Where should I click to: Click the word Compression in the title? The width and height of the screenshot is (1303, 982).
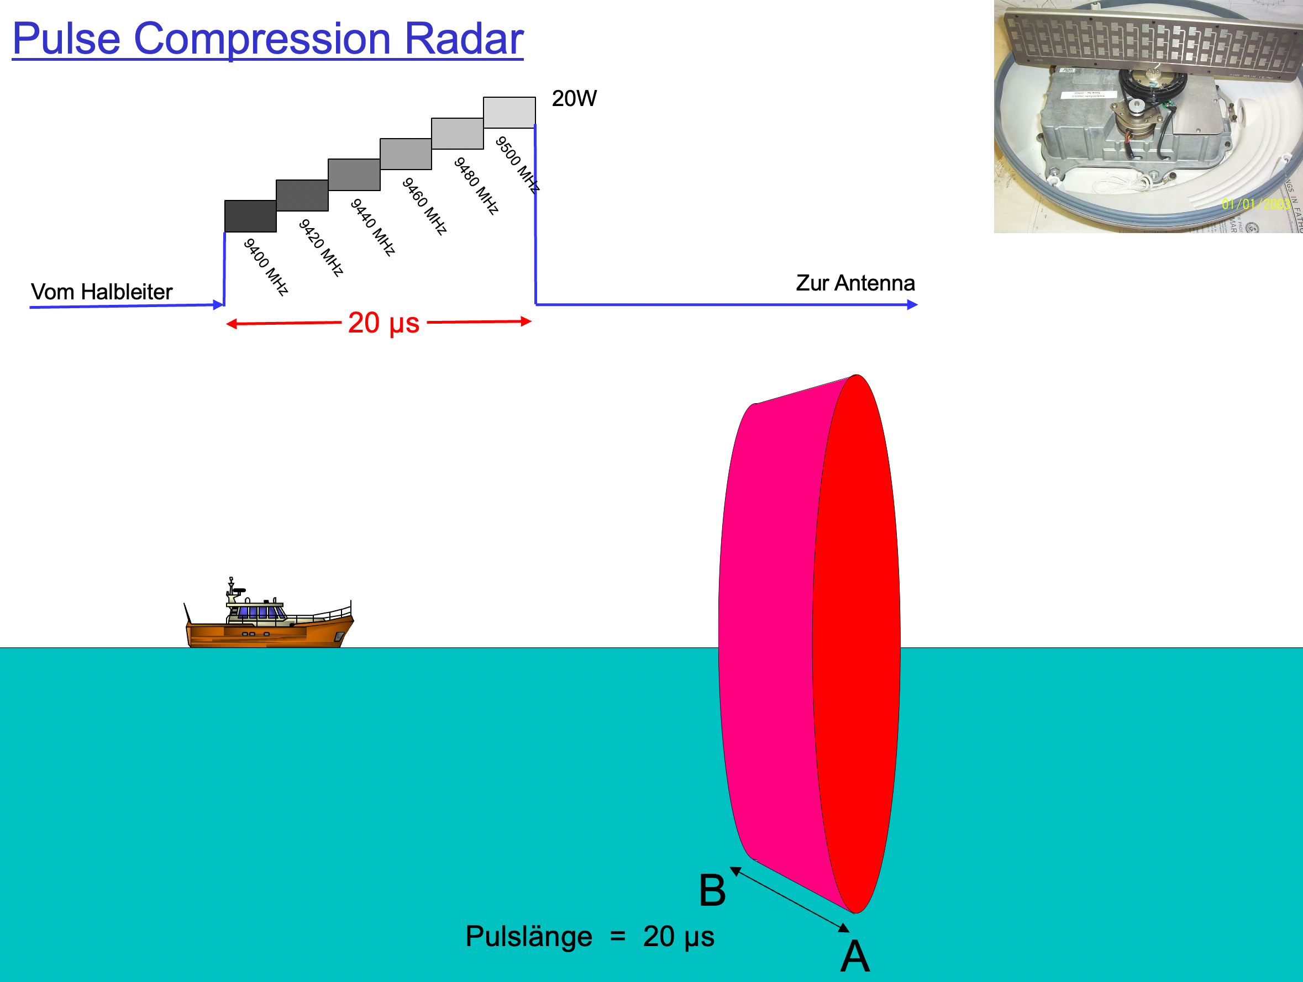262,39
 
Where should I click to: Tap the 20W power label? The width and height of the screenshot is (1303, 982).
574,98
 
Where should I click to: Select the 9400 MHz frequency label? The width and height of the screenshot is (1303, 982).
266,267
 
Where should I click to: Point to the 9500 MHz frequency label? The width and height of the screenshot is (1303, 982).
517,165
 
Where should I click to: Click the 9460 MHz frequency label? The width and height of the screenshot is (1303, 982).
424,206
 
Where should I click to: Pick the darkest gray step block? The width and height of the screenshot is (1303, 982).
250,216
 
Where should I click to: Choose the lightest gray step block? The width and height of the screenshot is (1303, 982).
509,112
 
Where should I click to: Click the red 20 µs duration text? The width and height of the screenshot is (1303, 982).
383,323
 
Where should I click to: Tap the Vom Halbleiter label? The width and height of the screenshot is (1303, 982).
101,292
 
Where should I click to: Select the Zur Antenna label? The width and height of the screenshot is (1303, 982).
855,283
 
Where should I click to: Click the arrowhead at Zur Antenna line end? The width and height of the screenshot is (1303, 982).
912,304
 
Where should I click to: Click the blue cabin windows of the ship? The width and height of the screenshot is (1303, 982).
257,613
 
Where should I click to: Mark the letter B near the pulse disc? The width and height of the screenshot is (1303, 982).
712,890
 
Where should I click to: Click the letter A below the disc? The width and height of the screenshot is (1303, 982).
855,956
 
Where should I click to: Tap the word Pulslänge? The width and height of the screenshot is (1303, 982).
528,936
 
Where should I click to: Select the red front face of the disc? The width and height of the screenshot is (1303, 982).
857,644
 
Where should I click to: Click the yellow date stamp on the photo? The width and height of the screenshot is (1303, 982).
1255,204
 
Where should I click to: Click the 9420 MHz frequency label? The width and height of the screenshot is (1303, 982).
321,247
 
